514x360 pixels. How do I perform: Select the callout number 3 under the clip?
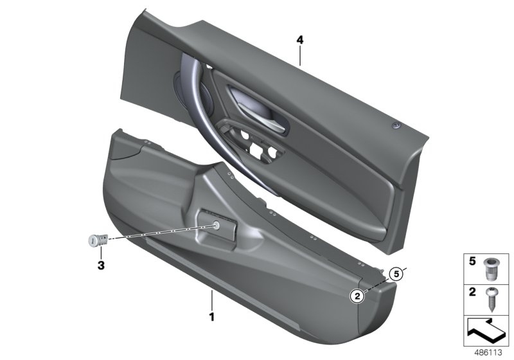click(x=101, y=265)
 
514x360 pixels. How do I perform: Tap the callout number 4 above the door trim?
click(x=299, y=40)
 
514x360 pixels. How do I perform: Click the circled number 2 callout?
click(x=355, y=296)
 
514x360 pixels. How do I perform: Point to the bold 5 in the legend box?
click(x=472, y=262)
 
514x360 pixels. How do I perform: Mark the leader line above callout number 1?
click(x=211, y=301)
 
